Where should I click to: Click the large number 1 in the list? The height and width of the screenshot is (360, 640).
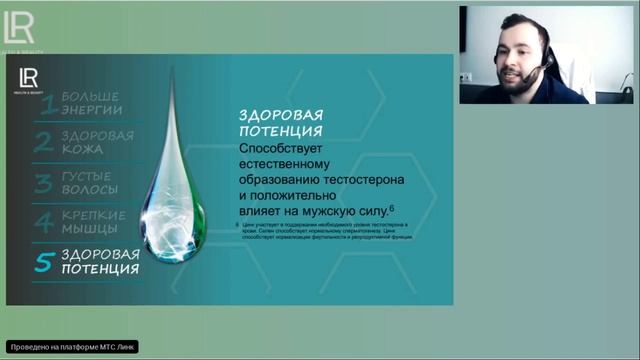pos(44,102)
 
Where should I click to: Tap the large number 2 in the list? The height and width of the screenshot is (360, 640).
pos(44,142)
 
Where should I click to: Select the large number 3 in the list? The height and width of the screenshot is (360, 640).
pos(44,183)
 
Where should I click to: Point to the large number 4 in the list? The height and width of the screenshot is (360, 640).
pos(44,222)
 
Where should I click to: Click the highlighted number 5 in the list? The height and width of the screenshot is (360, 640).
pos(44,262)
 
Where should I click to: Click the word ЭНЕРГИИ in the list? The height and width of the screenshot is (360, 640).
pos(92,108)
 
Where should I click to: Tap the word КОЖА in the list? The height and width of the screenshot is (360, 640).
pos(82,148)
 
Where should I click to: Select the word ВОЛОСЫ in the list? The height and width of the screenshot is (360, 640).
pos(89,189)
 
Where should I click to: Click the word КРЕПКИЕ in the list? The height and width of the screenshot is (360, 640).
pos(93,215)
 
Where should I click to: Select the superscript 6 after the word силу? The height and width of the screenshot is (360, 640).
pos(393,207)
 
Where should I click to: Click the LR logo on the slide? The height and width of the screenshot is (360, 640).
pos(27,78)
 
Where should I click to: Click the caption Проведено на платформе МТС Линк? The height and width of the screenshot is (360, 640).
pos(72,347)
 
